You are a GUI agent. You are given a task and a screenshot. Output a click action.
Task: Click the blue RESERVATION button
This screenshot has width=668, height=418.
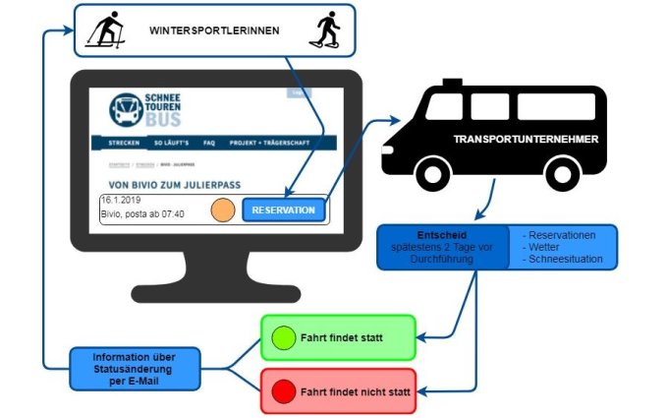[x=283, y=209]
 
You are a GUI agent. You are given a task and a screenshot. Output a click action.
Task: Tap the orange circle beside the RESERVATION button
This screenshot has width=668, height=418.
[x=223, y=209]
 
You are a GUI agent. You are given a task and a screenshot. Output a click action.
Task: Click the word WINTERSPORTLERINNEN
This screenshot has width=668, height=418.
[x=214, y=30]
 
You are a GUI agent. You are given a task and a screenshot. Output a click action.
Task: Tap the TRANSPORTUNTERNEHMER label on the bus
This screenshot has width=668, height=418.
[x=526, y=140]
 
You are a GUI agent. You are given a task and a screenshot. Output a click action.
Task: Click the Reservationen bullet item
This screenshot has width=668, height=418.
[x=562, y=236]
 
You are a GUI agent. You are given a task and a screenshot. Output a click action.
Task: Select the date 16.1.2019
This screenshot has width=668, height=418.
[x=123, y=201]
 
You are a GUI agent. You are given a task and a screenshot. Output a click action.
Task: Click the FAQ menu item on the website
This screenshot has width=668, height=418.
[x=209, y=143]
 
